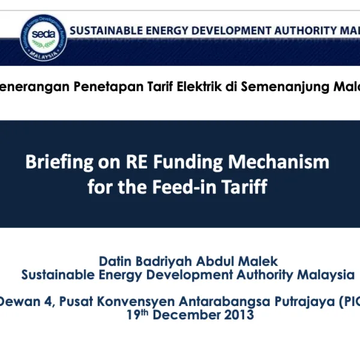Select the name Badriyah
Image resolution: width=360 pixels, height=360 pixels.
pos(164,262)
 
